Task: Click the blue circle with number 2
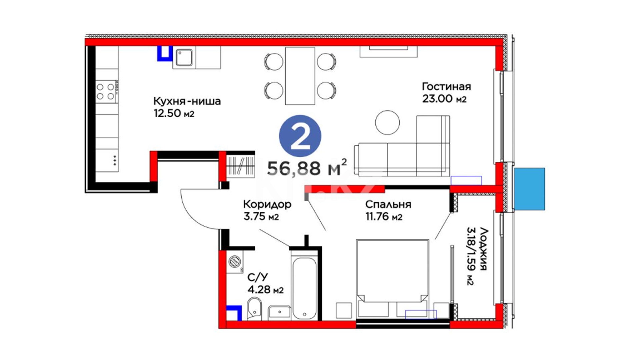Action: pos(300,136)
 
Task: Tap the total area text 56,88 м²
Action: pos(307,168)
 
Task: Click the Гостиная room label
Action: pos(446,87)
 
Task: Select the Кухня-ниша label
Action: pos(187,101)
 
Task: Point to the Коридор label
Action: pos(267,204)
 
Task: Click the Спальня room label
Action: pos(388,204)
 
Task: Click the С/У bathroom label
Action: pos(257,277)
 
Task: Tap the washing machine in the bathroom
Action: pos(235,262)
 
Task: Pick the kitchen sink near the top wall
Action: pos(184,57)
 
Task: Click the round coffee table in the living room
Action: pos(387,122)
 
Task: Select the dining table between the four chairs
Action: pos(300,76)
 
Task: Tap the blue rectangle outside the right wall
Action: pos(529,189)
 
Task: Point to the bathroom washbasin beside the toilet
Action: pos(279,313)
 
